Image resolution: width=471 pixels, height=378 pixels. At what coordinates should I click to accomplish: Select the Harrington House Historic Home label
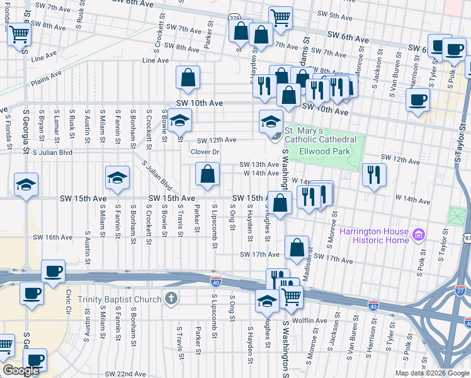click(375, 236)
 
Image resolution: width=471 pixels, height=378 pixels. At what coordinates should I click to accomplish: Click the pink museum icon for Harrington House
click(419, 236)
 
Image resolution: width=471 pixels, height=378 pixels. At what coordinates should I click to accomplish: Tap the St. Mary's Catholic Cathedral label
click(321, 135)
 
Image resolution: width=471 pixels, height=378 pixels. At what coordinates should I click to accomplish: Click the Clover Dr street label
click(205, 152)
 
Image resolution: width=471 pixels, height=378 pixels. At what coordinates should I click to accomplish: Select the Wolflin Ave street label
click(309, 321)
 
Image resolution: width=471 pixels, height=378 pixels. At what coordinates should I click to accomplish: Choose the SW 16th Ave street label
click(54, 238)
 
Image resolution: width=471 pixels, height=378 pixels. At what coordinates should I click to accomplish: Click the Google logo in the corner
click(21, 370)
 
